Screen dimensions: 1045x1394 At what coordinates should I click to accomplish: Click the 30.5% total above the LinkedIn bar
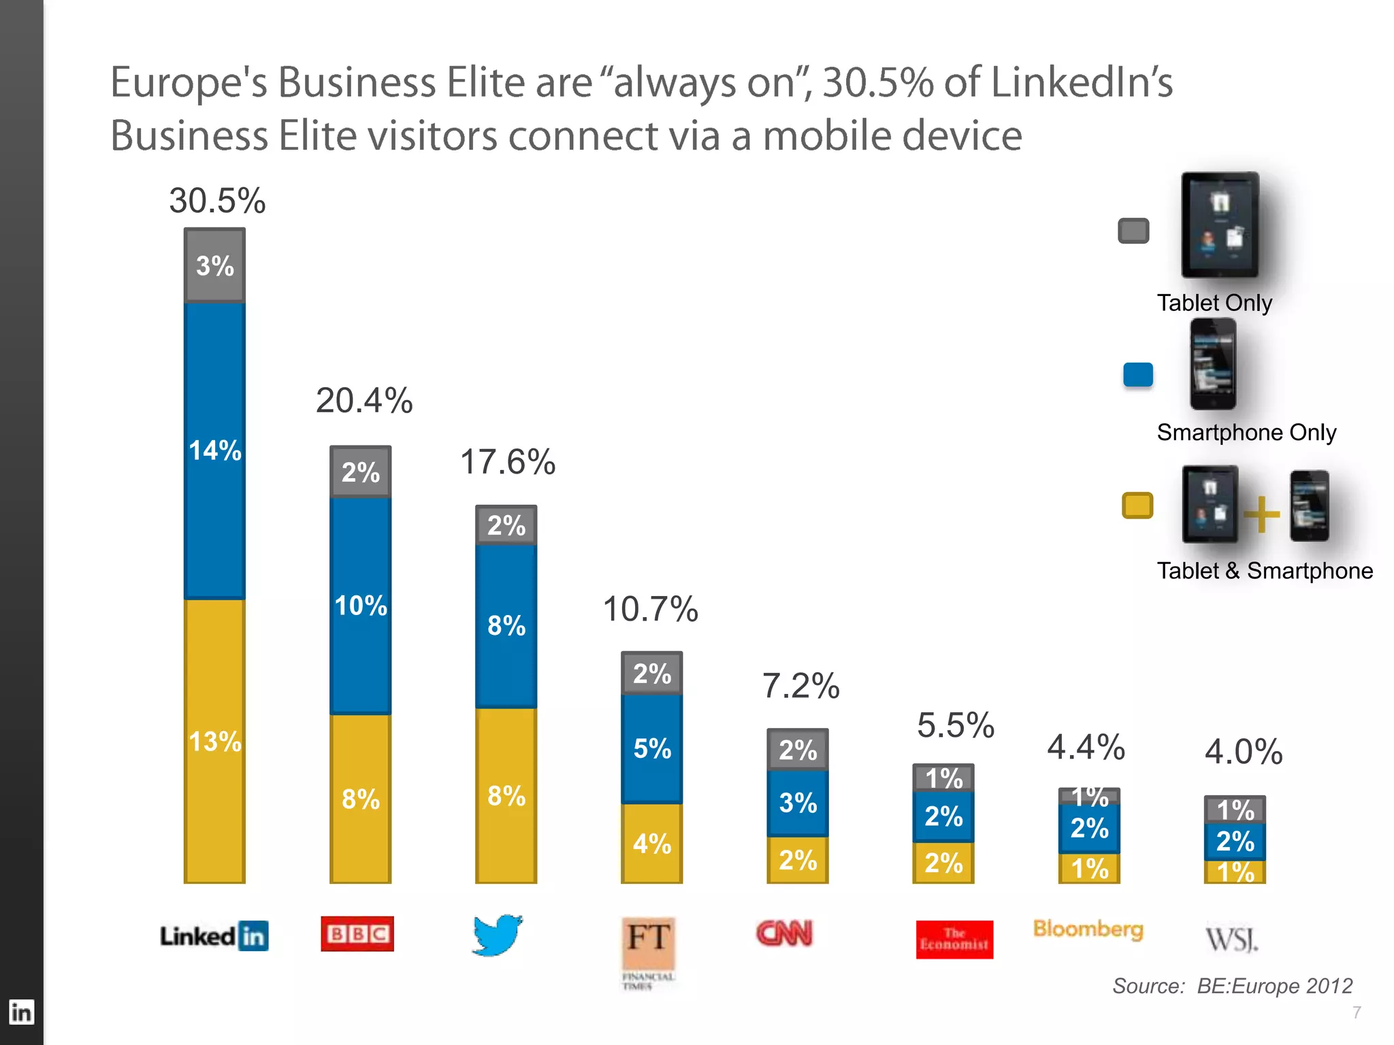point(217,201)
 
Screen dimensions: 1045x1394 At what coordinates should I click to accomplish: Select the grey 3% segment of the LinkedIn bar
point(214,265)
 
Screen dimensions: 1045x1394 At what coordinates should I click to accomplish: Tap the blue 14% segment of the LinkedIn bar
point(214,450)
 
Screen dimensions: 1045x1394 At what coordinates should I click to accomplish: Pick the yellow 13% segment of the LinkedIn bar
point(214,741)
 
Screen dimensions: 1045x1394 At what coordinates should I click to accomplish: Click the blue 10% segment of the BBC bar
point(360,606)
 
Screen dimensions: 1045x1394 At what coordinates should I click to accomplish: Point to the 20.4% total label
point(364,400)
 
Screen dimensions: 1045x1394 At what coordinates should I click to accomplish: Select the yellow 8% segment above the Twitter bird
point(506,795)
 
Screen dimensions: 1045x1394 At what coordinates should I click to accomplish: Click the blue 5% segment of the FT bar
point(651,748)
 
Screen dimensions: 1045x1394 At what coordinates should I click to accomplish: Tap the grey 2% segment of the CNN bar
point(797,750)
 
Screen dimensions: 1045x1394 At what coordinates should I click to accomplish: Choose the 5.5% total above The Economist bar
point(956,725)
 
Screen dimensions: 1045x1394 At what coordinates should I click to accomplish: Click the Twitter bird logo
point(498,935)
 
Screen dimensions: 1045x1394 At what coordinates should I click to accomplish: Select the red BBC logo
point(357,933)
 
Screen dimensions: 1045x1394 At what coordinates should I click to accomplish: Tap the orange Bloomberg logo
point(1088,929)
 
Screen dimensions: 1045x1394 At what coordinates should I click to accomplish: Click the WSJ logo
point(1232,939)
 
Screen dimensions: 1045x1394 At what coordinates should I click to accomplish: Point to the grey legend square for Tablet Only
point(1133,231)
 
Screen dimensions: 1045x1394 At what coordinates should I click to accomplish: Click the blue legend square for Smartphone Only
point(1137,375)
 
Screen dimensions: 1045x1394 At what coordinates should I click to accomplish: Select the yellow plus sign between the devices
point(1261,514)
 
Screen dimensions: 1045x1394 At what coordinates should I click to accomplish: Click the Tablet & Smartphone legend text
point(1265,571)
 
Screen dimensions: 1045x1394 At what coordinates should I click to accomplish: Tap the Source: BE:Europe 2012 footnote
point(1232,986)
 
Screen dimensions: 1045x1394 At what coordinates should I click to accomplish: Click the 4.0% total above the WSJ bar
point(1244,752)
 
